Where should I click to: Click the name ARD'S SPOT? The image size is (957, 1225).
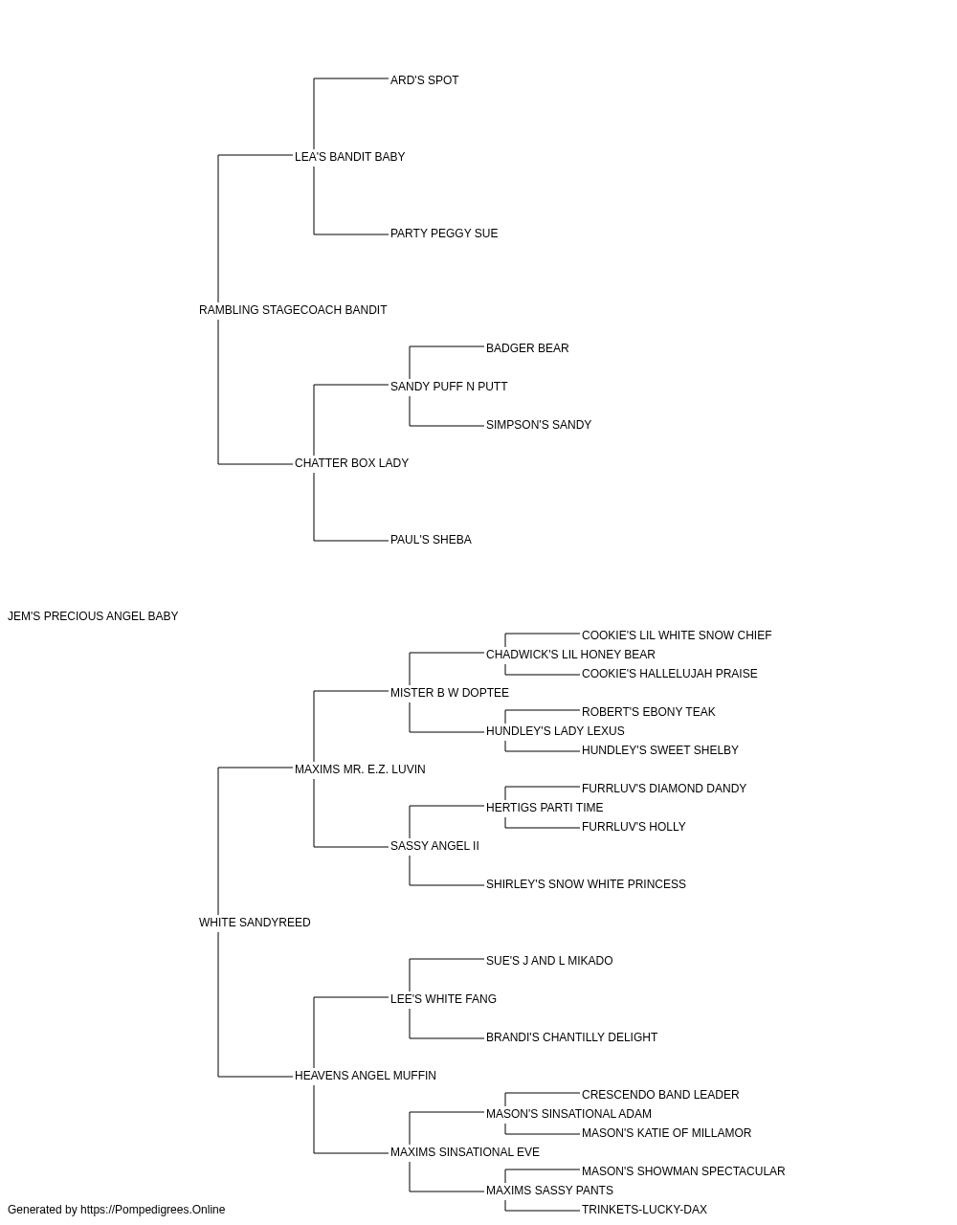click(424, 80)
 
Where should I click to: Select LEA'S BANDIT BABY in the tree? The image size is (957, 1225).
click(349, 157)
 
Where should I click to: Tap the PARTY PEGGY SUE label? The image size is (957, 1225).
click(444, 234)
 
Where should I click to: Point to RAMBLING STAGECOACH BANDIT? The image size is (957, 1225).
click(293, 310)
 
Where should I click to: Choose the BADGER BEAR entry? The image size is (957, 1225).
click(527, 348)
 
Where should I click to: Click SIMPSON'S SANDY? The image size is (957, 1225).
click(539, 425)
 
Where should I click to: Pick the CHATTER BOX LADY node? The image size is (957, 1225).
click(351, 463)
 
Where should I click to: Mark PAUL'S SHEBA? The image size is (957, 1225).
click(432, 540)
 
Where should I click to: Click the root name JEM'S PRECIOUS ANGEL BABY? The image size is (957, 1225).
click(93, 616)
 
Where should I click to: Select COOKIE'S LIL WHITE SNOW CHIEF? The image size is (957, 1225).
click(677, 635)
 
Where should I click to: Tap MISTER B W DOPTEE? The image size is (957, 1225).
click(450, 693)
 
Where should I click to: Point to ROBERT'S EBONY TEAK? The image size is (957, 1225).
click(648, 712)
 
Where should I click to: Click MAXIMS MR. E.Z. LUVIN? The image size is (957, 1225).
click(360, 769)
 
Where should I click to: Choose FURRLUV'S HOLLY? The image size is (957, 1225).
click(634, 827)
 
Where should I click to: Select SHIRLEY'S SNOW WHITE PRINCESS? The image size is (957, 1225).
click(586, 884)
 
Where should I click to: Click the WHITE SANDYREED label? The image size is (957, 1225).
click(255, 923)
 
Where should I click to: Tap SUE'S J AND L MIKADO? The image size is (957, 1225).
click(549, 961)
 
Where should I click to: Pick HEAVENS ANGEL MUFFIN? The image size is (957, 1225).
click(366, 1076)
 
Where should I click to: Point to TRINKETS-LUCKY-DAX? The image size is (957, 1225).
click(644, 1210)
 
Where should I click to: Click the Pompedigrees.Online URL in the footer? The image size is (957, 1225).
click(153, 1210)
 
